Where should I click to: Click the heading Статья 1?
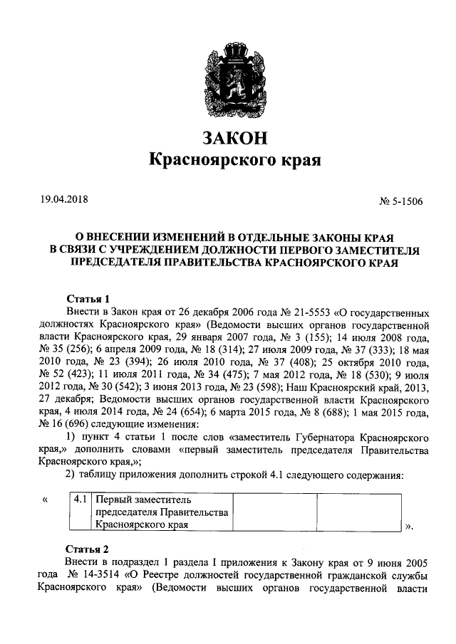click(87, 299)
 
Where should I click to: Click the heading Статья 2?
click(87, 549)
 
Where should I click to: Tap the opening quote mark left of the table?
click(45, 500)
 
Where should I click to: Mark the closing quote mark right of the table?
click(409, 527)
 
